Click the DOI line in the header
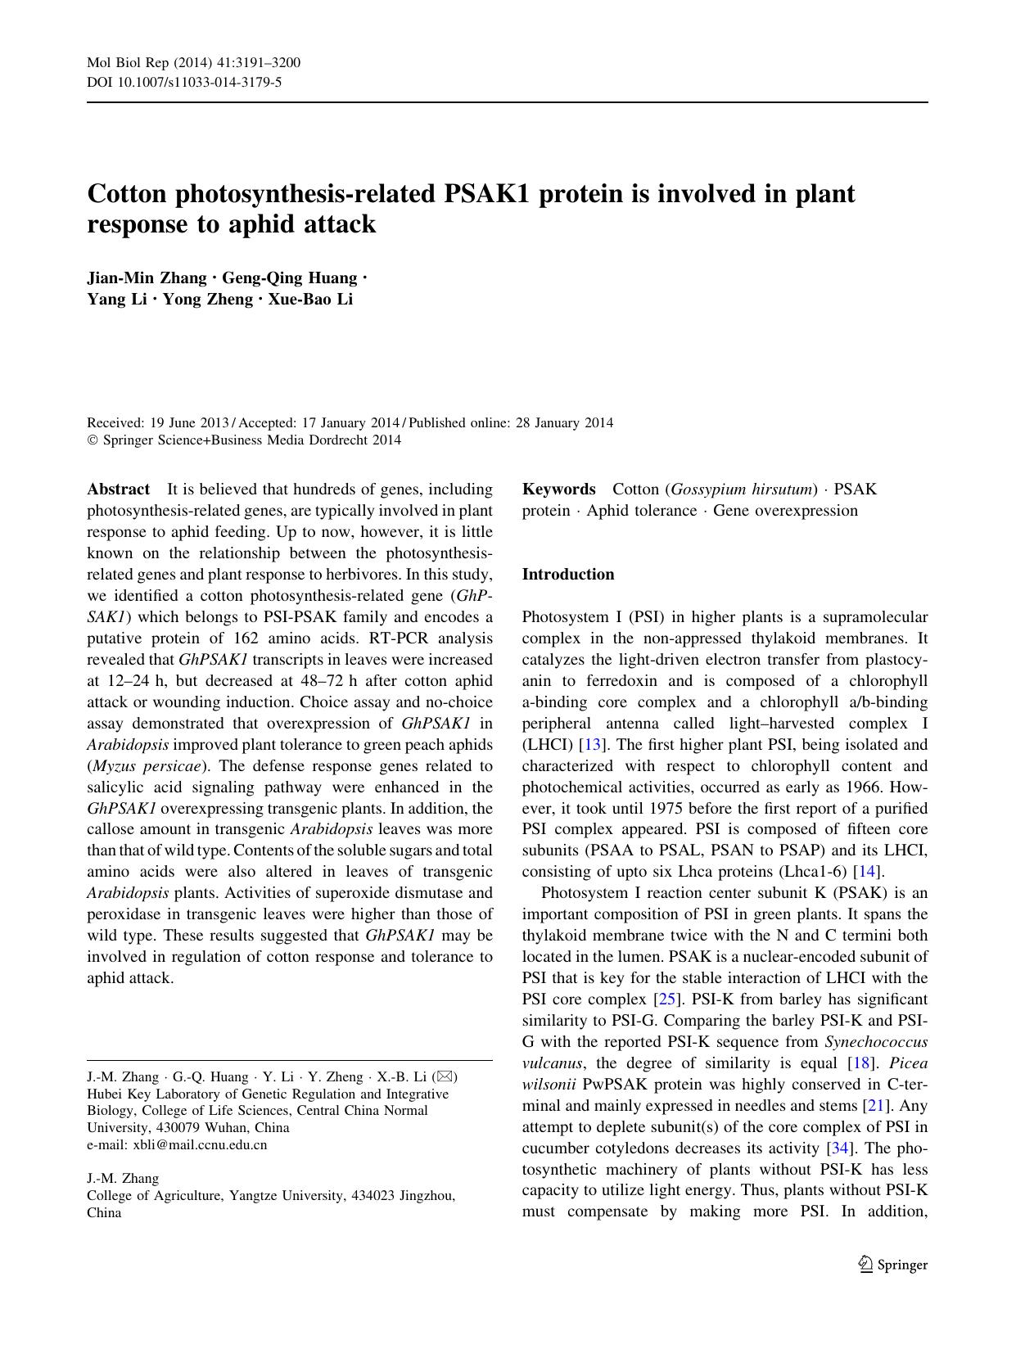[x=184, y=82]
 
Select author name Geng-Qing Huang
[x=290, y=277]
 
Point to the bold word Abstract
[x=118, y=490]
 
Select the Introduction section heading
[x=567, y=575]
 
